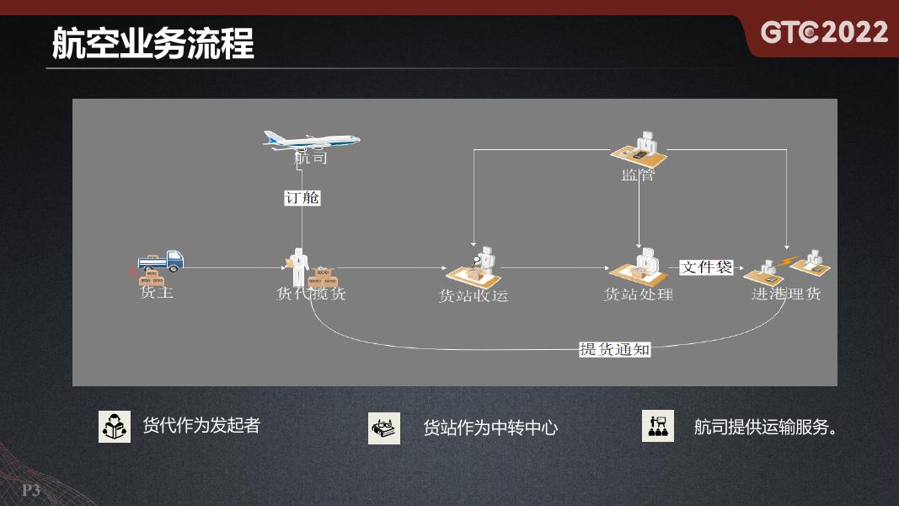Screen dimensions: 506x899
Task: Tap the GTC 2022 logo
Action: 824,33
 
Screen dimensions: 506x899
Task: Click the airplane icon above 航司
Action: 311,140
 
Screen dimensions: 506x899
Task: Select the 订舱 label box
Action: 302,198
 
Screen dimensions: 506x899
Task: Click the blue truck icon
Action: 162,261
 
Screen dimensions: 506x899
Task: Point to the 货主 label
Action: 157,293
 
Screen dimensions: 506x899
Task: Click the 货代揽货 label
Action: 311,294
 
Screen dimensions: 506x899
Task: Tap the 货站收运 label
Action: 474,296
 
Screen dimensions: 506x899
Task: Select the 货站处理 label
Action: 639,294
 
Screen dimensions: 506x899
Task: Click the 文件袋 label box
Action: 707,267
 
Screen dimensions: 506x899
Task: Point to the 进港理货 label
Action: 786,293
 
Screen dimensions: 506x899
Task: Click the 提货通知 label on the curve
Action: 615,349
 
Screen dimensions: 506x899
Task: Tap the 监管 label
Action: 638,175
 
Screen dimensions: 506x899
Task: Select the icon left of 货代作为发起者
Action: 115,427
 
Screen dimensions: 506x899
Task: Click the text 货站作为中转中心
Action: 490,428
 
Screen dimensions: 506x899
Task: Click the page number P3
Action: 31,491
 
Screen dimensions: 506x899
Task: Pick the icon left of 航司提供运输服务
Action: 657,427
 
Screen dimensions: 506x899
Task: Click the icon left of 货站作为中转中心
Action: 384,428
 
